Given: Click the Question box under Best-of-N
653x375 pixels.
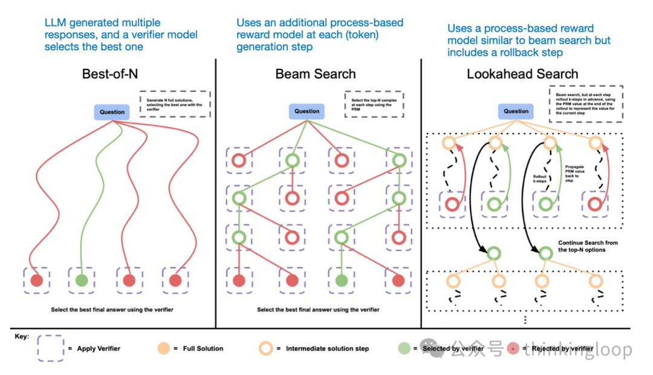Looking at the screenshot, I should pos(112,112).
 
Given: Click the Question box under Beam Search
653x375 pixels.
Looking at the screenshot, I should pos(307,111).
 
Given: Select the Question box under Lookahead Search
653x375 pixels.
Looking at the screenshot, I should pos(516,111).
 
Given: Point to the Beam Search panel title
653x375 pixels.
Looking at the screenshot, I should pos(316,74).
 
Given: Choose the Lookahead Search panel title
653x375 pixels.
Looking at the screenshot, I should pos(522,74).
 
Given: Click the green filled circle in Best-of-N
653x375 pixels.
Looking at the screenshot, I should pos(82,281).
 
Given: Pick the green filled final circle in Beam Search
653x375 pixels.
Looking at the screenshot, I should pos(342,281).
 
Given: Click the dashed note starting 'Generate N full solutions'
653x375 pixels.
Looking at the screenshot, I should pos(174,103).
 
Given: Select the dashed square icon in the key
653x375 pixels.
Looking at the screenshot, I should pos(51,349).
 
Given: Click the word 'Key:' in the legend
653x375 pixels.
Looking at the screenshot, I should pos(22,336).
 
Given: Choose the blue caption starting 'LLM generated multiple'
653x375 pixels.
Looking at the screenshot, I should pos(121,34).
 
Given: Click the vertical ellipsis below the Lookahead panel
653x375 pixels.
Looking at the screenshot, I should pos(524,319).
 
